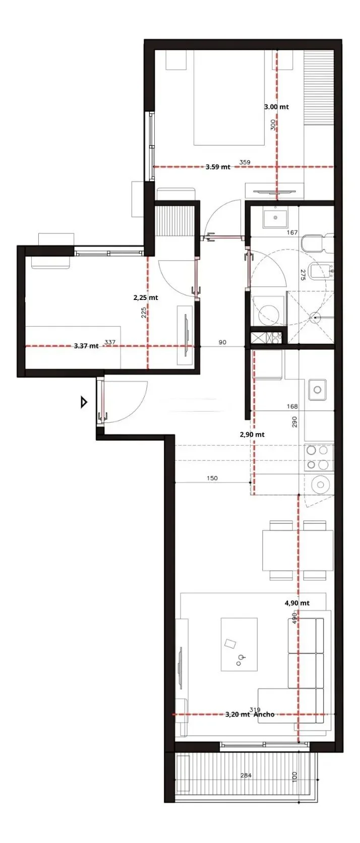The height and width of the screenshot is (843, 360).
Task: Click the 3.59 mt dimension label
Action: (218, 167)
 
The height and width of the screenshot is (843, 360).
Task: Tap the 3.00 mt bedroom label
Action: (276, 107)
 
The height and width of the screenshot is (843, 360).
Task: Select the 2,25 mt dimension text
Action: (146, 297)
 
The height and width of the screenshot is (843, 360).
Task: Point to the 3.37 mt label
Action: (86, 346)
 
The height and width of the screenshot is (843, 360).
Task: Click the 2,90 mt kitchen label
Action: (252, 435)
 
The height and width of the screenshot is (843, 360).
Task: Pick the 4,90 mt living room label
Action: (297, 603)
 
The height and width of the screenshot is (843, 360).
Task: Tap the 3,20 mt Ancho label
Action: (250, 714)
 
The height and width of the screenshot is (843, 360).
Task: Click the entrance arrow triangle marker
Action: (84, 402)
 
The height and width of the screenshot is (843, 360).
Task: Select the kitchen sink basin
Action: (318, 390)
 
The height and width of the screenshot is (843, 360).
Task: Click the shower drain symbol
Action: (315, 318)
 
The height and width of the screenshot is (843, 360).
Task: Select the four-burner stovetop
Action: (318, 457)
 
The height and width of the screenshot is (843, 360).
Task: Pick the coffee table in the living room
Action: (239, 644)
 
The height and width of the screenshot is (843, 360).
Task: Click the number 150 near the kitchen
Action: (212, 478)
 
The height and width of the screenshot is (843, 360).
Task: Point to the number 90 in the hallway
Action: (222, 342)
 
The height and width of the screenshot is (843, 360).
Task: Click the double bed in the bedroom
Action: (229, 97)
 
